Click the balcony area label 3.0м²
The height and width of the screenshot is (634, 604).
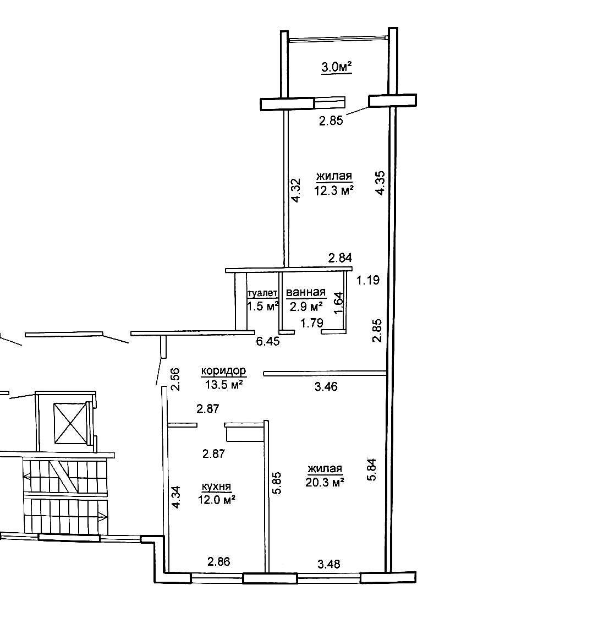tap(336, 67)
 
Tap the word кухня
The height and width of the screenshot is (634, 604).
tap(216, 487)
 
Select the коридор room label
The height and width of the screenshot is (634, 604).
tap(223, 371)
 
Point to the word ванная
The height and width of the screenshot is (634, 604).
tap(306, 292)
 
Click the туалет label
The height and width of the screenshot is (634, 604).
tap(262, 293)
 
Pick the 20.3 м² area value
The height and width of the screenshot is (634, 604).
tap(325, 482)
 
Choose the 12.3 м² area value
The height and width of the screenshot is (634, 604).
tap(334, 190)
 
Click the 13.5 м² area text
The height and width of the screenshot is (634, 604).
tap(223, 385)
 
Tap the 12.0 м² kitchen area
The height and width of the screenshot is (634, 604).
tap(217, 500)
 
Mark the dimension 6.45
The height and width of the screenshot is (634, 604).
tap(268, 342)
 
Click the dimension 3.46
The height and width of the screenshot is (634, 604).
tap(326, 387)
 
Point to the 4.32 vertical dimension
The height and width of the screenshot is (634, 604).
tap(296, 190)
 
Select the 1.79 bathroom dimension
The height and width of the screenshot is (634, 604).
tap(312, 323)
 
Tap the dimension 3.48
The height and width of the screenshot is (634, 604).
tap(329, 564)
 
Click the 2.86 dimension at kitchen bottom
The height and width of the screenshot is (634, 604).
tap(219, 561)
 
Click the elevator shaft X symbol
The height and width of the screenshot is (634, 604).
tap(70, 423)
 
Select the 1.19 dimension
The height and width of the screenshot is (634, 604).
tap(368, 280)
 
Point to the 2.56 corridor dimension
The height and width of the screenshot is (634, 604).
tap(175, 379)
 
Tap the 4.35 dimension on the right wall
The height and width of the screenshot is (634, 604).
tap(380, 183)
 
